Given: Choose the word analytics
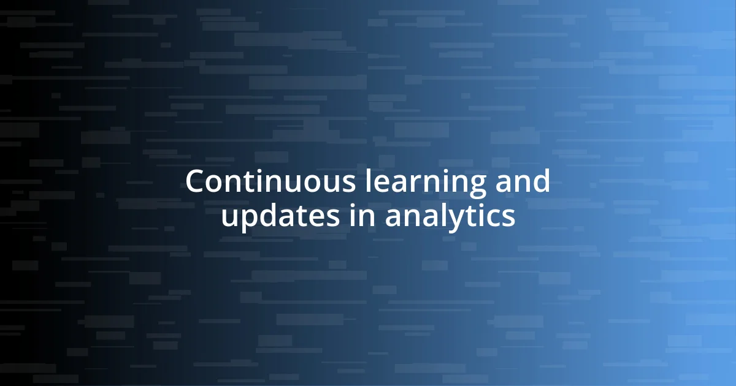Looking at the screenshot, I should [450, 218].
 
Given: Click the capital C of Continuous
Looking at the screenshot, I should [195, 182].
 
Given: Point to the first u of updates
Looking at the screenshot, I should [229, 219].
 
